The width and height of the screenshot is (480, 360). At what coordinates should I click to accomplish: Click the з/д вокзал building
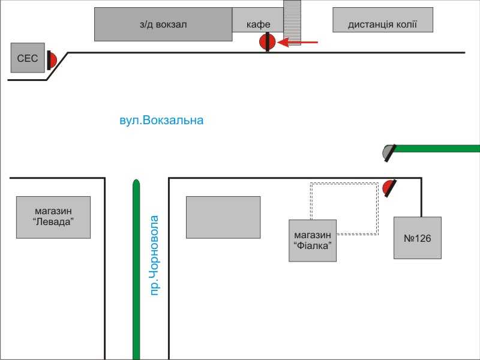click(163, 24)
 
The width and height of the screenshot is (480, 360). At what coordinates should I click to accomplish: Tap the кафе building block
click(258, 20)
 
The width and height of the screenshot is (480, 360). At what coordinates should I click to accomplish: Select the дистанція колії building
click(383, 20)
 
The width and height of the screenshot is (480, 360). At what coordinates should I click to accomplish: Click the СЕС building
click(28, 58)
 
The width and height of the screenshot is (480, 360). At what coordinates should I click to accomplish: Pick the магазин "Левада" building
click(53, 217)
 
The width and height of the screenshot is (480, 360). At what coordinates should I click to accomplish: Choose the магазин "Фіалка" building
click(313, 241)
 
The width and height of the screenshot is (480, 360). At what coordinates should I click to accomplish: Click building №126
click(418, 238)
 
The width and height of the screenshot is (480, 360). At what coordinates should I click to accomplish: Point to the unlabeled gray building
click(223, 217)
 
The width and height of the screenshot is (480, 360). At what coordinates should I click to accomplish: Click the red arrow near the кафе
click(298, 42)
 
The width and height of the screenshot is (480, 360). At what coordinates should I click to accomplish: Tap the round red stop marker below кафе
click(267, 42)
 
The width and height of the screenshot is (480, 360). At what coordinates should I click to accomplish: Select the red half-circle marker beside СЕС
click(52, 61)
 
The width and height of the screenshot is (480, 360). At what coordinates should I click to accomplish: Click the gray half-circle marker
click(389, 153)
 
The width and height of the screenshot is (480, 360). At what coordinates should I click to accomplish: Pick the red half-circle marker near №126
click(389, 188)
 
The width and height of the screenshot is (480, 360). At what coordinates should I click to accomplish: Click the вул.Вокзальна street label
click(161, 121)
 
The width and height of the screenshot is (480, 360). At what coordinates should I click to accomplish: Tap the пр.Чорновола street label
click(155, 256)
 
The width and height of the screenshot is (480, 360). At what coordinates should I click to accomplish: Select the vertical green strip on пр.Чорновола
click(136, 269)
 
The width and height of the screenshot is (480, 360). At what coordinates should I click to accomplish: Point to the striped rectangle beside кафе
click(292, 23)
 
